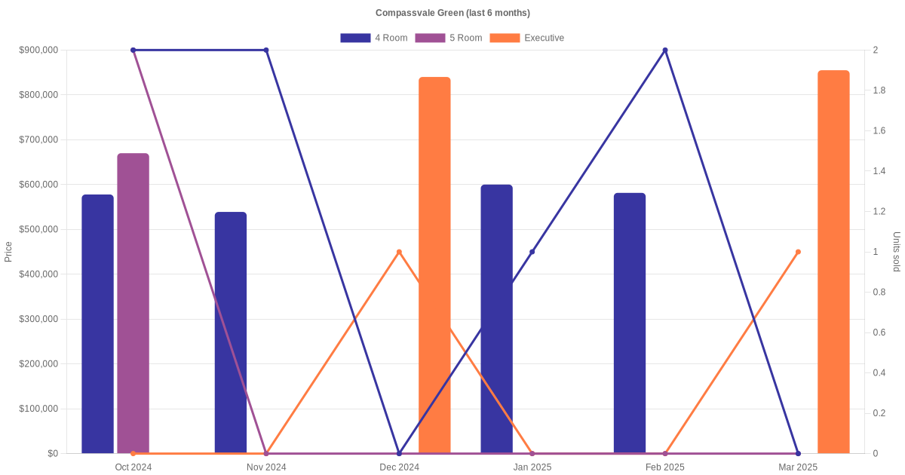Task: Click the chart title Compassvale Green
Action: tap(452, 13)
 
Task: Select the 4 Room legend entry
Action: tap(374, 38)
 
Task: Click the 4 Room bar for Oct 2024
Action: tap(97, 324)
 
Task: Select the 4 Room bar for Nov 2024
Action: tap(231, 332)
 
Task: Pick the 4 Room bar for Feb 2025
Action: tap(630, 323)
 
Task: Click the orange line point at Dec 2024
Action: tap(399, 252)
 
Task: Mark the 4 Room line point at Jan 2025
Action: tap(532, 252)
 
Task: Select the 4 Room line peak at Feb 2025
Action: tap(665, 51)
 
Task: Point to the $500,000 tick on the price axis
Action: tap(38, 229)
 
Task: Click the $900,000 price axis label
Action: tap(38, 51)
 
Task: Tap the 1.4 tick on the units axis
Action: tap(880, 171)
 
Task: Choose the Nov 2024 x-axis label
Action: tap(266, 467)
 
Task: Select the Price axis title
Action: tap(8, 252)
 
